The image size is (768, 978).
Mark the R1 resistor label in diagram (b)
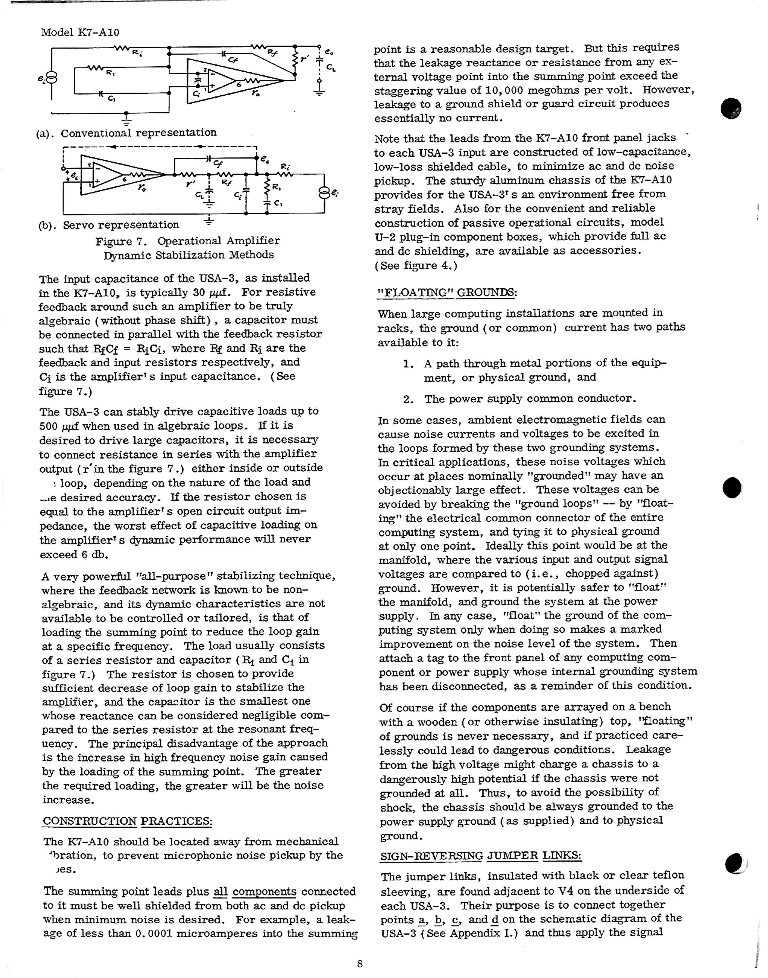276,187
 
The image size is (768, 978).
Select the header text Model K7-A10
80,33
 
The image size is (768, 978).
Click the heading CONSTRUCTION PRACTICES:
127,821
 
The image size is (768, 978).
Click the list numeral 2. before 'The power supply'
408,399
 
